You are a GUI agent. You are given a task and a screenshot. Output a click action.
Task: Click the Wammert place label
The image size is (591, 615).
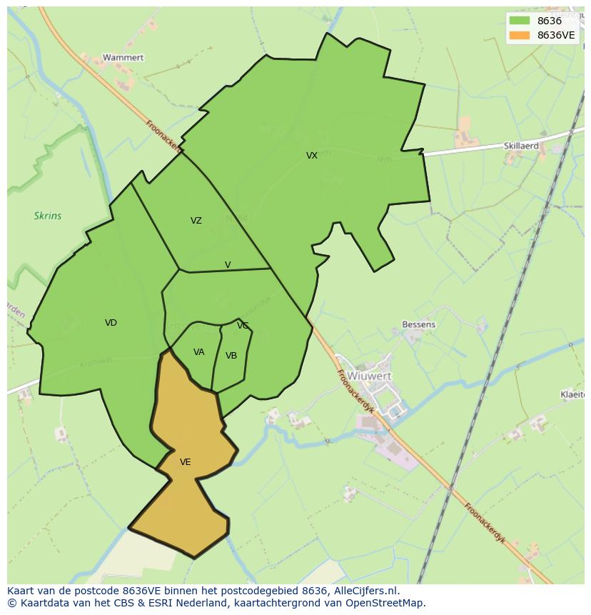(123, 57)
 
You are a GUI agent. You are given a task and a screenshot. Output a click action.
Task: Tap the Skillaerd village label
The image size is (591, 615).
(521, 146)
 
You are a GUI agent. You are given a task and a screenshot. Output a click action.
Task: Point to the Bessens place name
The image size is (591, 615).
(418, 324)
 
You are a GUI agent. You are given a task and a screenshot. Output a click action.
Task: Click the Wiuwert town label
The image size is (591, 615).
(370, 376)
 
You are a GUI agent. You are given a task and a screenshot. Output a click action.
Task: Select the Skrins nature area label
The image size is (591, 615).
(48, 216)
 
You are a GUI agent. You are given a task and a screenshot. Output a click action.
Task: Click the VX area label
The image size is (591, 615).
(312, 156)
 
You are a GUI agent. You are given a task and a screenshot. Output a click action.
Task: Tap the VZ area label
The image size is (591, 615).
(196, 221)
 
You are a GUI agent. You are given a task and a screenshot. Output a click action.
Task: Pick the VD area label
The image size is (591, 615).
(111, 323)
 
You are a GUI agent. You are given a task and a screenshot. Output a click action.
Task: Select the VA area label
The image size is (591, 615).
(199, 352)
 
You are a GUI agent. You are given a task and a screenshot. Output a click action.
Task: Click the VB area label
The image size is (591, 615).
(231, 356)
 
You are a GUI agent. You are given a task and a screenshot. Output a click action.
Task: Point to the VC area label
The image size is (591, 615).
(243, 326)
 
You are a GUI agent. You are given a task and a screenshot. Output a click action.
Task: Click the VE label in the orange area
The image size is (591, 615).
(186, 462)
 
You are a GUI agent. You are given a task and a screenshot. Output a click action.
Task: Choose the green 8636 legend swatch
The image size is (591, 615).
(520, 21)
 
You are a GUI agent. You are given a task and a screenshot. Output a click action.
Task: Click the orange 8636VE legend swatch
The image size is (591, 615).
(520, 35)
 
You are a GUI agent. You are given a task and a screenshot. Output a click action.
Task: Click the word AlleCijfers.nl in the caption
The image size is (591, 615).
(366, 591)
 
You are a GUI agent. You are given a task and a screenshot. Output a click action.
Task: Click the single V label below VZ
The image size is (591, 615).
(228, 265)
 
